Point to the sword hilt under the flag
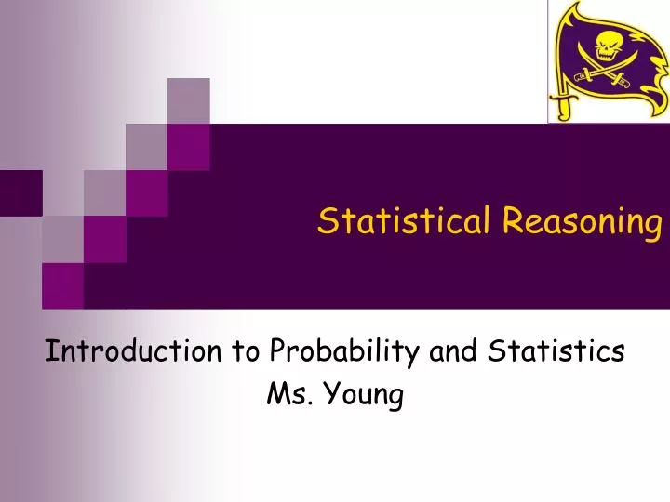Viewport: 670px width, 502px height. click(561, 105)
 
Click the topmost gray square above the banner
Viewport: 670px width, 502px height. click(188, 100)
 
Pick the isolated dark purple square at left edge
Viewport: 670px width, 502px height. click(20, 192)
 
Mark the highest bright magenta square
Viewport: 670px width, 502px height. click(188, 145)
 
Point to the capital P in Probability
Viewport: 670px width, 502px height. click(276, 350)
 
